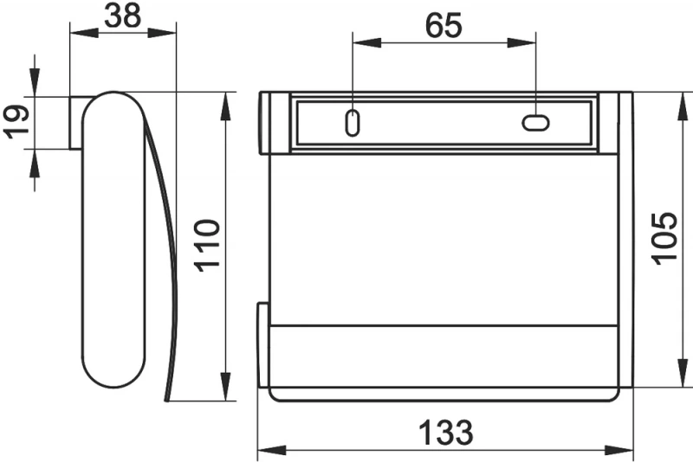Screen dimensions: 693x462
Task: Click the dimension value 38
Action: point(123,16)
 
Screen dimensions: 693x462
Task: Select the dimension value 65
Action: point(444,25)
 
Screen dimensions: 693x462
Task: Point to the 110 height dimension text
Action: point(207,246)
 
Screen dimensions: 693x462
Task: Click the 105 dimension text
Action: point(665,239)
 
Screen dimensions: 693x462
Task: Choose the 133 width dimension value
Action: point(446,433)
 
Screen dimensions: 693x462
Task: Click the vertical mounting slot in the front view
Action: point(353,123)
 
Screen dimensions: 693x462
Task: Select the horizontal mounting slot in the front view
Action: point(535,123)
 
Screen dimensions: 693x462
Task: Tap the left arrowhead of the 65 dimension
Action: point(366,42)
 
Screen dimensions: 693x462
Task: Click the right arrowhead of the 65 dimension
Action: point(521,42)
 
